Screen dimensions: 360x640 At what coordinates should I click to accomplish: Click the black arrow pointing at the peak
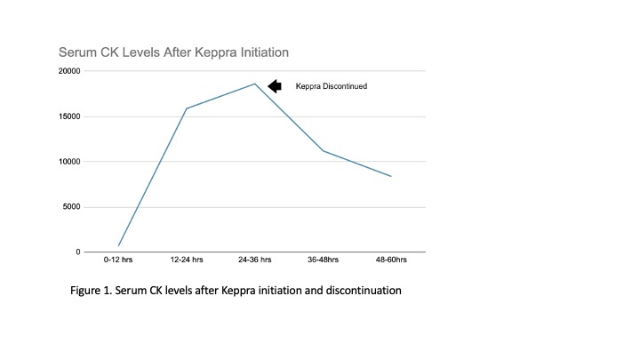tap(275, 86)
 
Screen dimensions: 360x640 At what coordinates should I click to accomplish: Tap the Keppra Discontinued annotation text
tap(332, 86)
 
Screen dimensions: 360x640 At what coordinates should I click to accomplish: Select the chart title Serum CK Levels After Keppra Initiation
tap(173, 53)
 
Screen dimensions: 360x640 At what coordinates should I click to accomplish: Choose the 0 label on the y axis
tap(76, 252)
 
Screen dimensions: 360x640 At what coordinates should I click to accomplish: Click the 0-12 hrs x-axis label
tap(118, 260)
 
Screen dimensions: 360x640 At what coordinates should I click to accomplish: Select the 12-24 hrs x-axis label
tap(187, 260)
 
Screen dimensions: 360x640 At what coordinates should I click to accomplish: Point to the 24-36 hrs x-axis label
tap(255, 260)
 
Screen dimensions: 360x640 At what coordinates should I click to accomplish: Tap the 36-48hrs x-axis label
tap(323, 260)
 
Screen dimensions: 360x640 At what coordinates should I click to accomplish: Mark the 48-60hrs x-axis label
tap(391, 260)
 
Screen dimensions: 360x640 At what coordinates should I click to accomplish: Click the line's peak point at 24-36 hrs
tap(255, 84)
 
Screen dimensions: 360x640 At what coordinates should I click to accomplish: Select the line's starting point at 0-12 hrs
tap(118, 245)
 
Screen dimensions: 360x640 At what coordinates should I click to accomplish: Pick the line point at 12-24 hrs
tap(187, 108)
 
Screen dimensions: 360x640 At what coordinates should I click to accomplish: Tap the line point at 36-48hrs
tap(323, 150)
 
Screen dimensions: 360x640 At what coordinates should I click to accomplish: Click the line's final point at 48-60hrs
tap(391, 176)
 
